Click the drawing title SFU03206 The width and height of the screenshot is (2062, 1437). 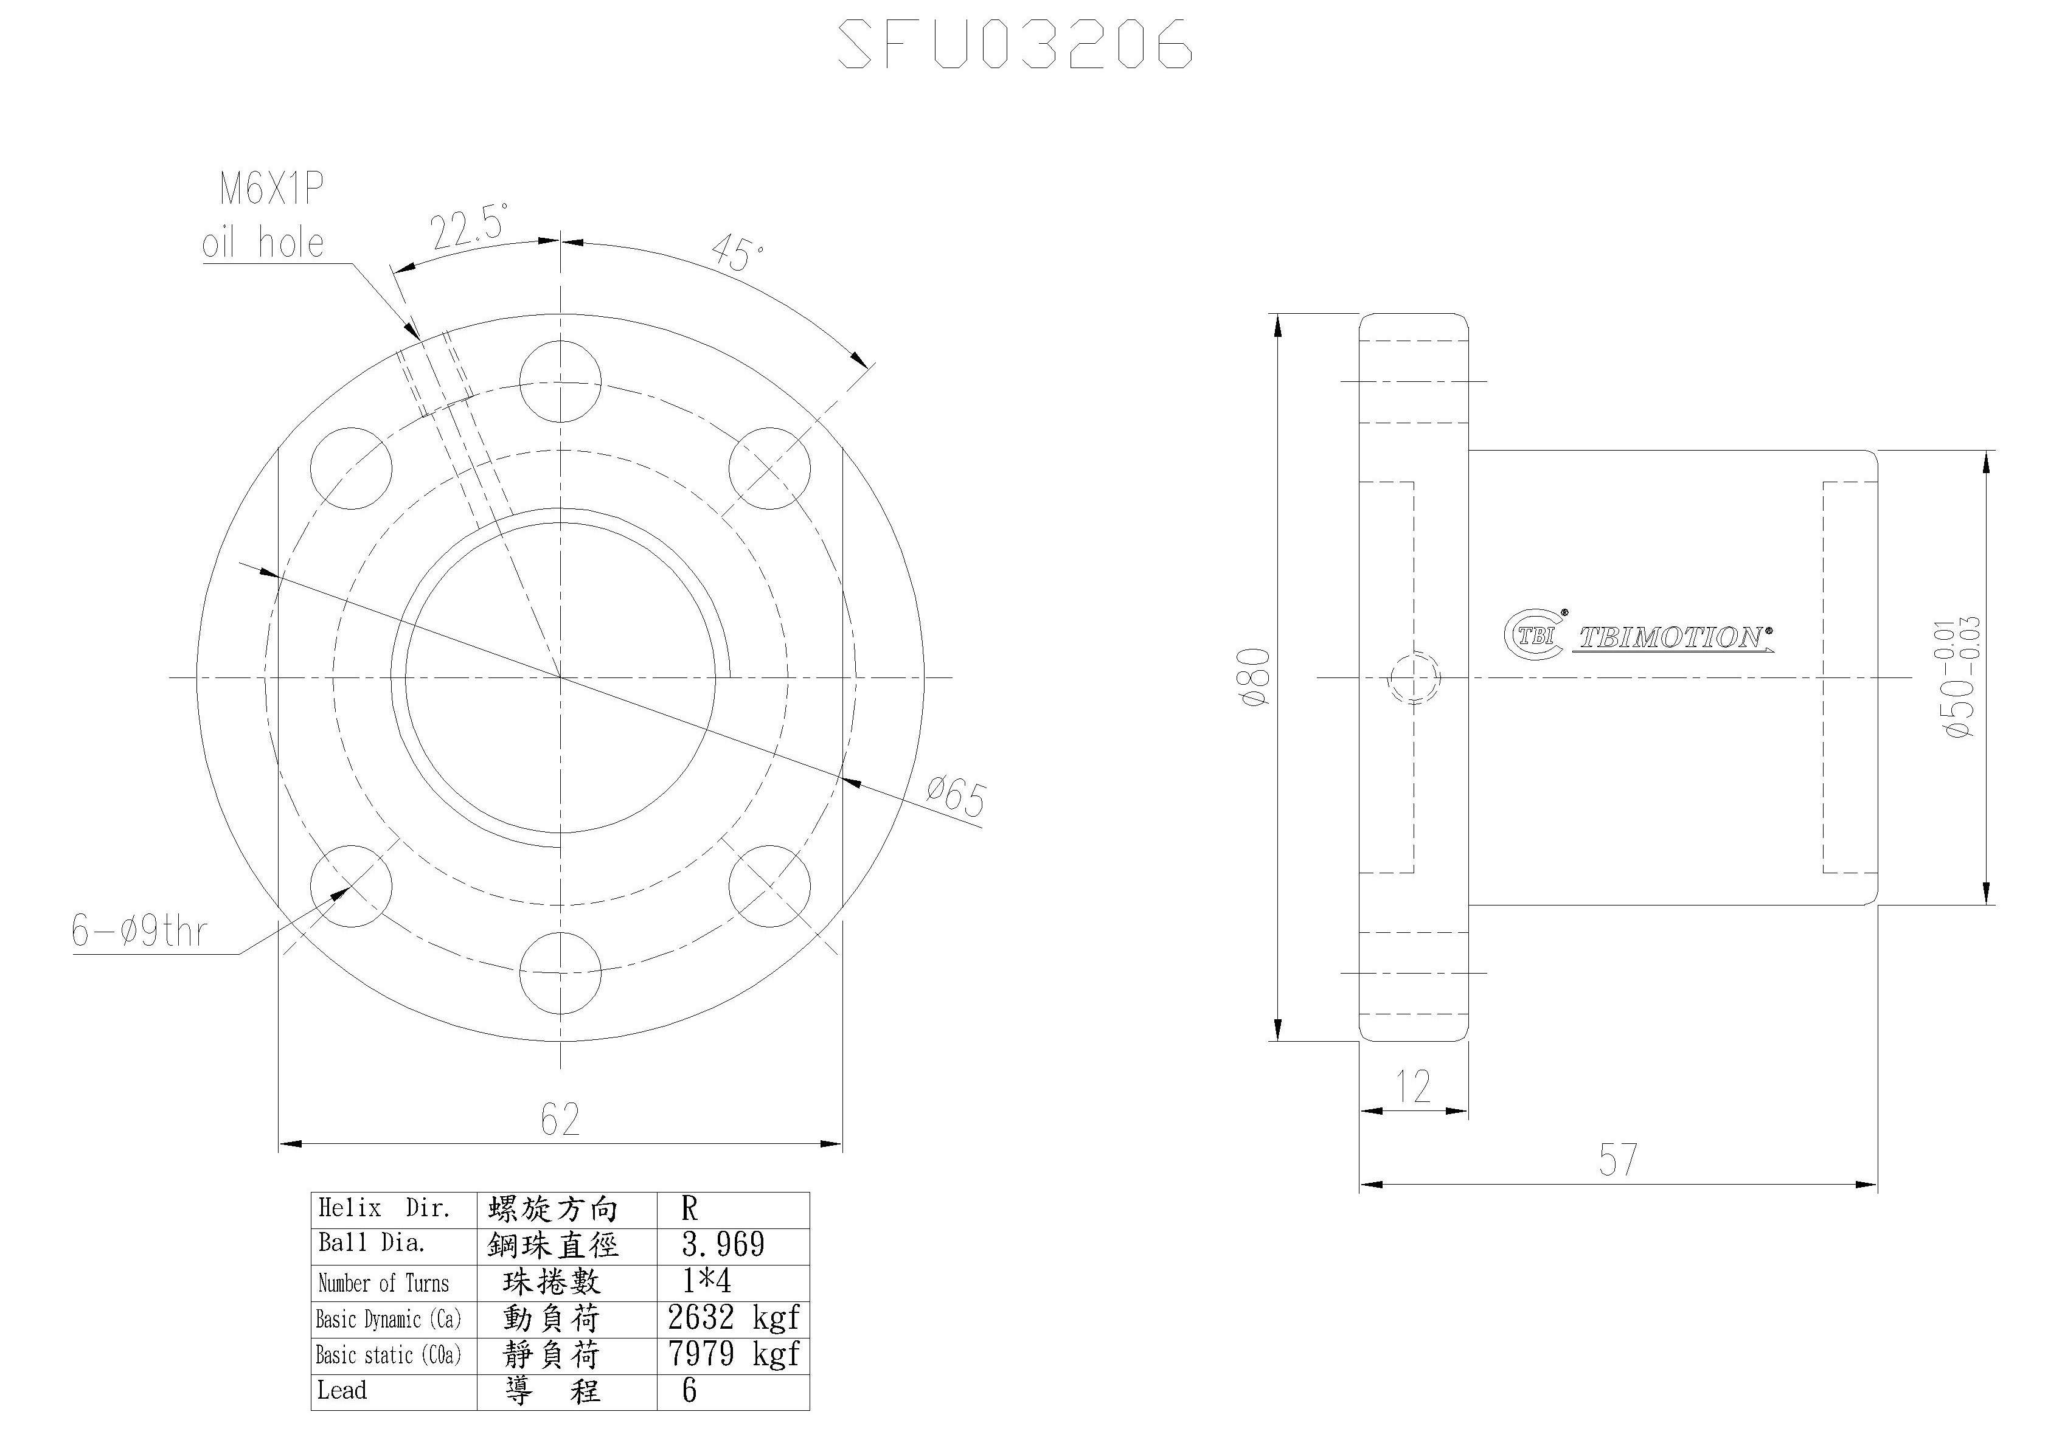(x=1015, y=44)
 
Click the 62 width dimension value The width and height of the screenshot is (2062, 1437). (x=560, y=1119)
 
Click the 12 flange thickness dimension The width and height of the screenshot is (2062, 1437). (x=1414, y=1087)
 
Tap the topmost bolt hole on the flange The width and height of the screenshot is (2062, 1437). (x=560, y=381)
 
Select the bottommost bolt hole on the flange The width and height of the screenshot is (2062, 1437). (x=560, y=972)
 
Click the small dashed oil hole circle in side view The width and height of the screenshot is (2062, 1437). (x=1414, y=677)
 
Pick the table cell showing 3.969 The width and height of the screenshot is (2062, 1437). (x=723, y=1245)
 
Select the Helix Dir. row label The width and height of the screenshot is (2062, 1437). (x=384, y=1209)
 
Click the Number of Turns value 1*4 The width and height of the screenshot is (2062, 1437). (x=707, y=1281)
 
